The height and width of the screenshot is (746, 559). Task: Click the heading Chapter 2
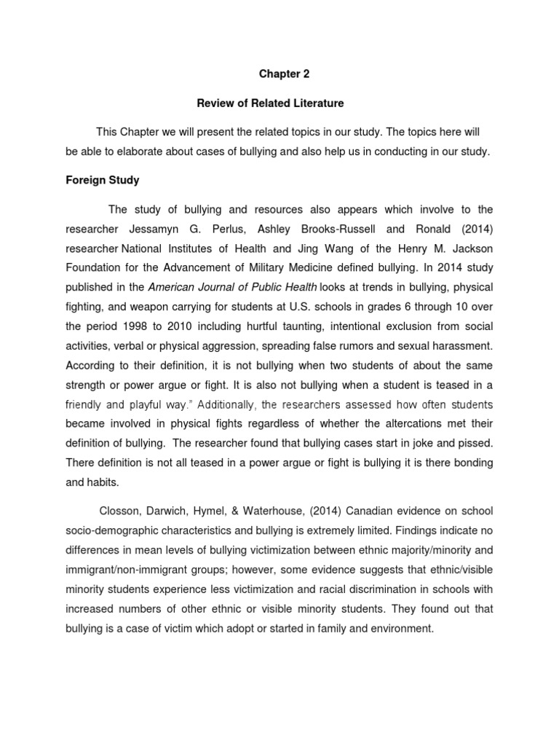[x=279, y=73]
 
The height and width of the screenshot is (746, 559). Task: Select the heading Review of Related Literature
[x=279, y=103]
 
